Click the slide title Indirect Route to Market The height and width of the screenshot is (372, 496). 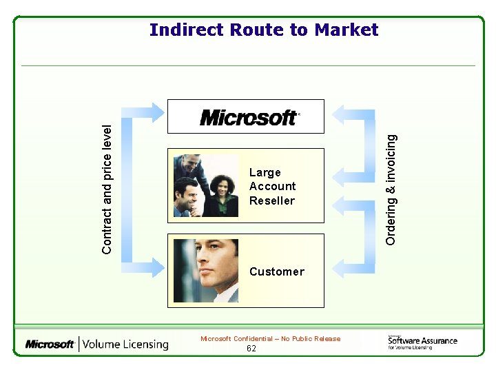point(264,30)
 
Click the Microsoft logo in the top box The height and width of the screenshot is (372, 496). point(249,118)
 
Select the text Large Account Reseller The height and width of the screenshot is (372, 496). point(272,187)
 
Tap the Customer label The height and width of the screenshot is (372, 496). point(276,271)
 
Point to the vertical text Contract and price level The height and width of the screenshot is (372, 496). point(107,180)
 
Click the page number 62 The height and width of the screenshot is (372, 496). point(251,349)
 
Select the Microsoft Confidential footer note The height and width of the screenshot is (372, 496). point(270,339)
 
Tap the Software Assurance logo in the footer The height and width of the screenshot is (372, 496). point(422,342)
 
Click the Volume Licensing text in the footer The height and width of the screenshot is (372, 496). point(126,344)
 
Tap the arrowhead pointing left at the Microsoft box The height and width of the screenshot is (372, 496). point(340,112)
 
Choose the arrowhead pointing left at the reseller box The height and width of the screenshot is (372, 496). point(340,202)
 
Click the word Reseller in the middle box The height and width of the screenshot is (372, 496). point(272,201)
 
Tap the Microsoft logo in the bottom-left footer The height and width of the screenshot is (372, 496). point(50,344)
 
